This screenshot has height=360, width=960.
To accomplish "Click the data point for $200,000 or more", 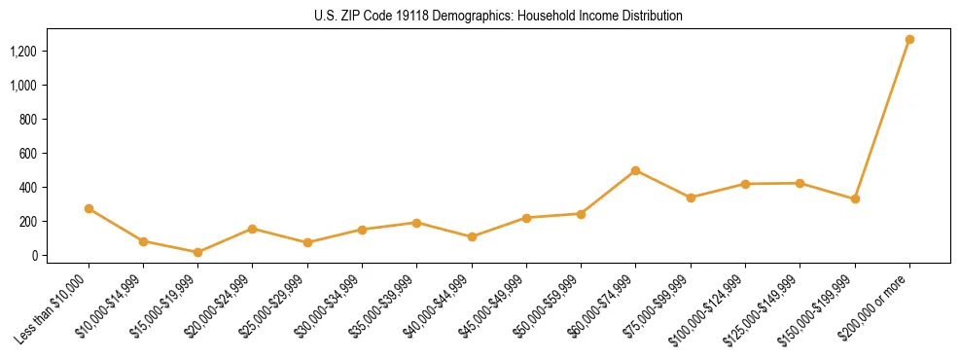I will click(x=909, y=40).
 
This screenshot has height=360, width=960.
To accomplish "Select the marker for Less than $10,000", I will click(x=89, y=208).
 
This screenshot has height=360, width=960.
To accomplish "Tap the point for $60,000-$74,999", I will click(x=635, y=170).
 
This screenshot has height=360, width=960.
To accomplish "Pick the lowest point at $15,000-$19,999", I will click(x=197, y=252).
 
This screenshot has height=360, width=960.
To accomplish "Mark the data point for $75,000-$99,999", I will click(x=691, y=198).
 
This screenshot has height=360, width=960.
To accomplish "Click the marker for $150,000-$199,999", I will click(x=855, y=198).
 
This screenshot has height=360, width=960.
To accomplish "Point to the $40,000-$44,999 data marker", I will click(x=472, y=236).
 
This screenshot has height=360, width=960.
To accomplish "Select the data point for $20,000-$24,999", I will click(x=252, y=229).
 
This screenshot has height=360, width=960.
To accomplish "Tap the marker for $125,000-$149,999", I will click(x=800, y=183).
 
